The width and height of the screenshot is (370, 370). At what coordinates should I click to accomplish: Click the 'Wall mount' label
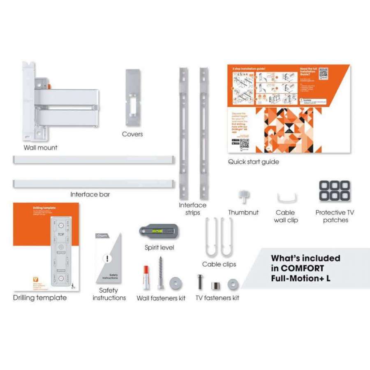[40, 148]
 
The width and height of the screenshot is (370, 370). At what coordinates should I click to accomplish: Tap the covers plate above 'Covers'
[132, 97]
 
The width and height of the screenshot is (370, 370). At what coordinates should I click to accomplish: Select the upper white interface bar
[94, 160]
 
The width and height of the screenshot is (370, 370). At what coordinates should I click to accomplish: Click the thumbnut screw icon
[243, 197]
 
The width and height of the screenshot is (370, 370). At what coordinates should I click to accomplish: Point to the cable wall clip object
[285, 198]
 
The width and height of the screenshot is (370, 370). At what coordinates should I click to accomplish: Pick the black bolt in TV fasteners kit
[199, 282]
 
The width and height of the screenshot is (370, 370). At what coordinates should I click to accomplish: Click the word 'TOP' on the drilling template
[61, 234]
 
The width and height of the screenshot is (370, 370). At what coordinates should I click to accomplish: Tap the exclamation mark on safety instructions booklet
[108, 259]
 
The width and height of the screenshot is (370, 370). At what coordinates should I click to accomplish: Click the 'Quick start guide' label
[254, 162]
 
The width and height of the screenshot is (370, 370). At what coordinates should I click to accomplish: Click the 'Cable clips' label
[219, 264]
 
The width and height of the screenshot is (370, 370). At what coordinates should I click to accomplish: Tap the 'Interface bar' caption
[90, 194]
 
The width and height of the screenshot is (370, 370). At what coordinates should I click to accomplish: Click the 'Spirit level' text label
[159, 247]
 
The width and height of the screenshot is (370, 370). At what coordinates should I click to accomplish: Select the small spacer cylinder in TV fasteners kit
[214, 284]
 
